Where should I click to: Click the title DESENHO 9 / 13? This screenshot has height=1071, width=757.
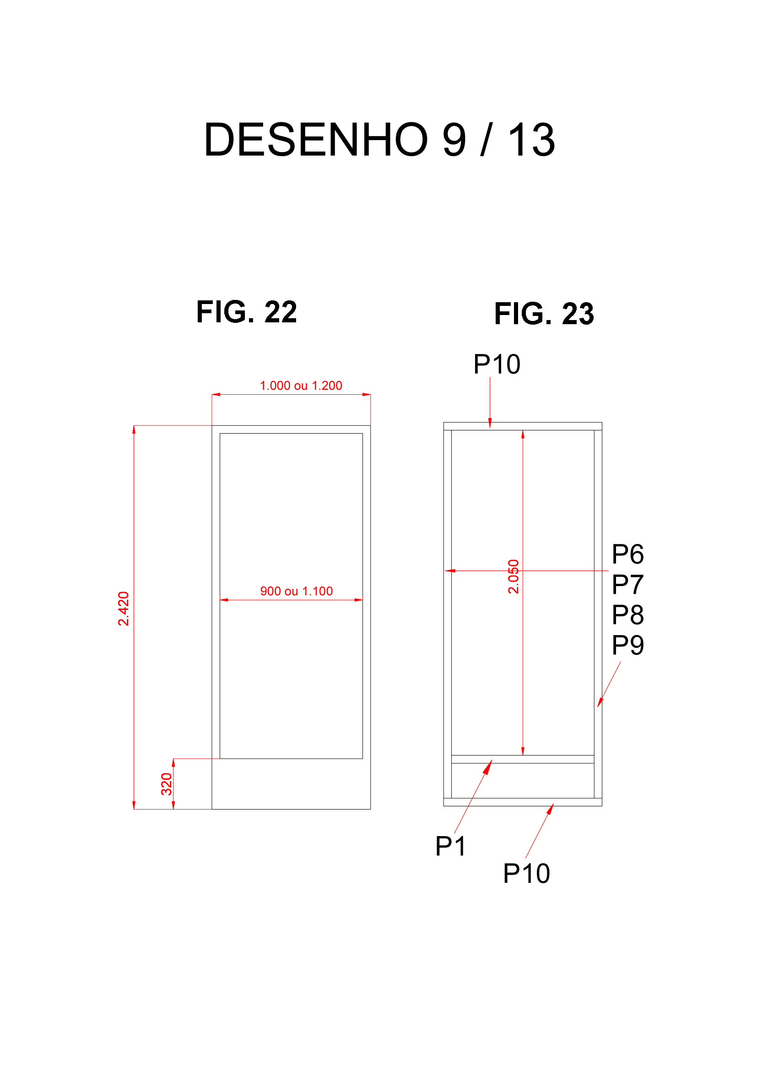click(379, 140)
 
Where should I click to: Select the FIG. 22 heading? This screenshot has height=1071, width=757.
click(247, 312)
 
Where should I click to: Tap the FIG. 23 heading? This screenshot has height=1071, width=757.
click(544, 314)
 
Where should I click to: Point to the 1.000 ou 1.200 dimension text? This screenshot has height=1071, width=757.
click(301, 385)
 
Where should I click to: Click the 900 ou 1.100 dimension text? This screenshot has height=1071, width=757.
click(297, 591)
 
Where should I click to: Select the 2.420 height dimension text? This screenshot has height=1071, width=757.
click(124, 609)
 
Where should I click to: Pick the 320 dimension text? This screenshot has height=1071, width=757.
click(167, 784)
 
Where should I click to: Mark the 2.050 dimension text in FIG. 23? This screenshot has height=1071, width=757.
click(513, 576)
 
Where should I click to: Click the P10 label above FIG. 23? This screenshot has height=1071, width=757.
click(497, 364)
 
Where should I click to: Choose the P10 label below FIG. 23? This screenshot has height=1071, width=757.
click(527, 874)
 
